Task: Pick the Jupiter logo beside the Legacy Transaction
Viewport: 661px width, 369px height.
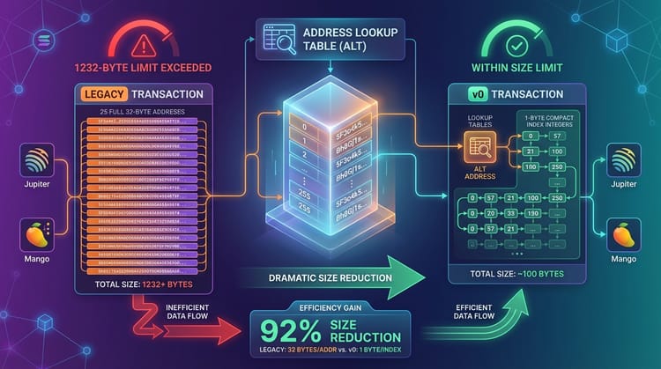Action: pos(36,163)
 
